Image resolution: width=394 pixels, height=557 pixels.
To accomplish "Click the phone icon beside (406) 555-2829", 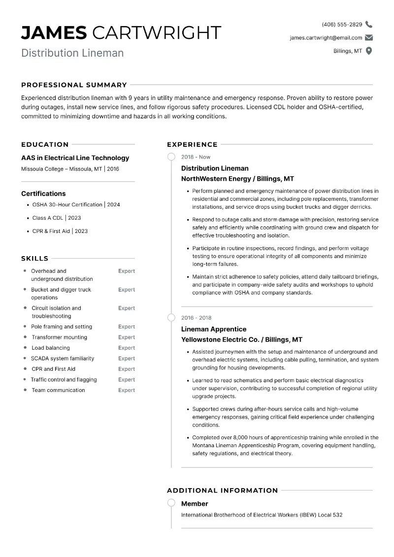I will click(369, 25).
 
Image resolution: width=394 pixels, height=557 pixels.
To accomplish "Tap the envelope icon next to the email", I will click(369, 38).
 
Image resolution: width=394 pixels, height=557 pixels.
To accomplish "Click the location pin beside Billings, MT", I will click(369, 51).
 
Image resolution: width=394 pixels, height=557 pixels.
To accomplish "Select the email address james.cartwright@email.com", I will click(326, 38).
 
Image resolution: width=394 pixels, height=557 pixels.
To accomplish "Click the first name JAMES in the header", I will click(54, 33).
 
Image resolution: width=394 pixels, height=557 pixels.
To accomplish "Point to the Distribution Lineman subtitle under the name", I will click(72, 53).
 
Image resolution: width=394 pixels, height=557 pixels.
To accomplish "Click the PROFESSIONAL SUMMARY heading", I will click(74, 85).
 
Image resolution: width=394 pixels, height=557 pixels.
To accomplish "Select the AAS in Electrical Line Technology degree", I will click(75, 158).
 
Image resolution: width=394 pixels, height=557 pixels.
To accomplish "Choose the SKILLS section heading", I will click(34, 259).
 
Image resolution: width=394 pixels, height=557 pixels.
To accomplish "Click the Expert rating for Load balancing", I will click(127, 348).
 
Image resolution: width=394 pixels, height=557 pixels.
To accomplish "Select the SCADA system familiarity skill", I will click(63, 359).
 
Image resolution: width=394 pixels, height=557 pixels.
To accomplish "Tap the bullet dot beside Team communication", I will click(25, 390).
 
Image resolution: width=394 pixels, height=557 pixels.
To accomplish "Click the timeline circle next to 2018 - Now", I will click(171, 157).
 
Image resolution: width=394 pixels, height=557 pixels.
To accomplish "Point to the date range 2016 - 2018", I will click(196, 318).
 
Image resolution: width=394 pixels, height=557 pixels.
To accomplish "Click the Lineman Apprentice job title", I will click(214, 329).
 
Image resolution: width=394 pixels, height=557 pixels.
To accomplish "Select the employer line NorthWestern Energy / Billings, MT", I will click(237, 179).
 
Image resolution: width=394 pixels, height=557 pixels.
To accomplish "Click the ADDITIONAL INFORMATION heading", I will click(222, 491).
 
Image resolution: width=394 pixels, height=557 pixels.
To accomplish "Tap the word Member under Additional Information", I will click(195, 504).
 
